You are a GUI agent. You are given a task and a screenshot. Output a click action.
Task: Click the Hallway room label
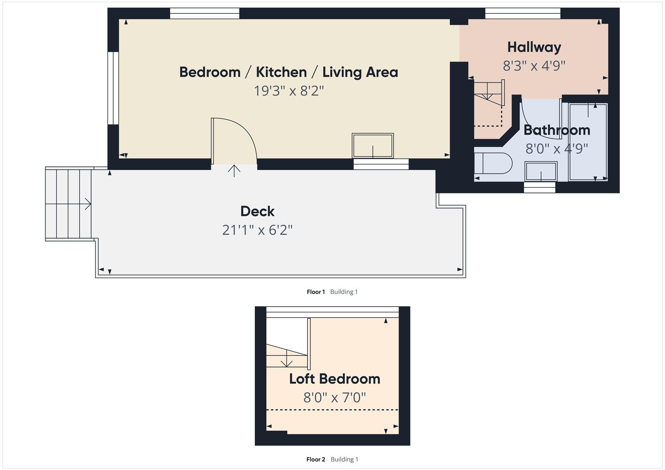click(534, 47)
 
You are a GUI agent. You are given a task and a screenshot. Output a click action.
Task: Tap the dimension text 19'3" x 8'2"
click(289, 91)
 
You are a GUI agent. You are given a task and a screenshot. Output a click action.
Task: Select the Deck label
click(257, 211)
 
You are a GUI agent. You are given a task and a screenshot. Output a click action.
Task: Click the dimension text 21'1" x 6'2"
click(257, 230)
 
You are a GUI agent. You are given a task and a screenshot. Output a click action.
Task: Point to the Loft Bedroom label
click(334, 379)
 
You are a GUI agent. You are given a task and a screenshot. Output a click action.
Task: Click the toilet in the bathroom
click(493, 163)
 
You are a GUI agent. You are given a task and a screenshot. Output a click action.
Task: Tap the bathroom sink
click(541, 172)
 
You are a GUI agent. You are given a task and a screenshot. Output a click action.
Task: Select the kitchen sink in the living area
click(373, 146)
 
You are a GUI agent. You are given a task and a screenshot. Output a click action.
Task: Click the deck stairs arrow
click(87, 204)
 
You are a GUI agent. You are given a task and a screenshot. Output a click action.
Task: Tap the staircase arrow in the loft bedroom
click(287, 363)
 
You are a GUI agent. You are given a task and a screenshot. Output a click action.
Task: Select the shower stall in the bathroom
click(588, 142)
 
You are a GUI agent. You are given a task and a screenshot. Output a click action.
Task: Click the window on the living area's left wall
click(113, 88)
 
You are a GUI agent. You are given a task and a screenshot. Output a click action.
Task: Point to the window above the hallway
click(523, 14)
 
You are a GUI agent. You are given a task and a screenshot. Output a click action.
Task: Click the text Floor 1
click(316, 292)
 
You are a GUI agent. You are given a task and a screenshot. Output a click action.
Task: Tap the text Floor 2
click(316, 459)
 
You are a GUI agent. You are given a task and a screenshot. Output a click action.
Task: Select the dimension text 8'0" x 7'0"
click(334, 398)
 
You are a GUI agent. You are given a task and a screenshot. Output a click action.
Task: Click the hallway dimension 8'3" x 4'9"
click(534, 66)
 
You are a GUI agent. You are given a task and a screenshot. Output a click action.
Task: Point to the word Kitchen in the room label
click(281, 72)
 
